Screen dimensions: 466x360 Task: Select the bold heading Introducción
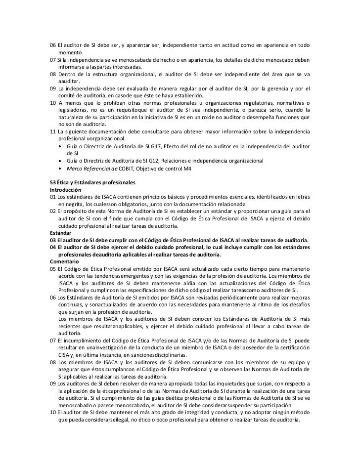pyautogui.click(x=66, y=190)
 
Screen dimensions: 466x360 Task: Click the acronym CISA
pyautogui.click(x=64, y=354)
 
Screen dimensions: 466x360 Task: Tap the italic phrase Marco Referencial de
pyautogui.click(x=88, y=169)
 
